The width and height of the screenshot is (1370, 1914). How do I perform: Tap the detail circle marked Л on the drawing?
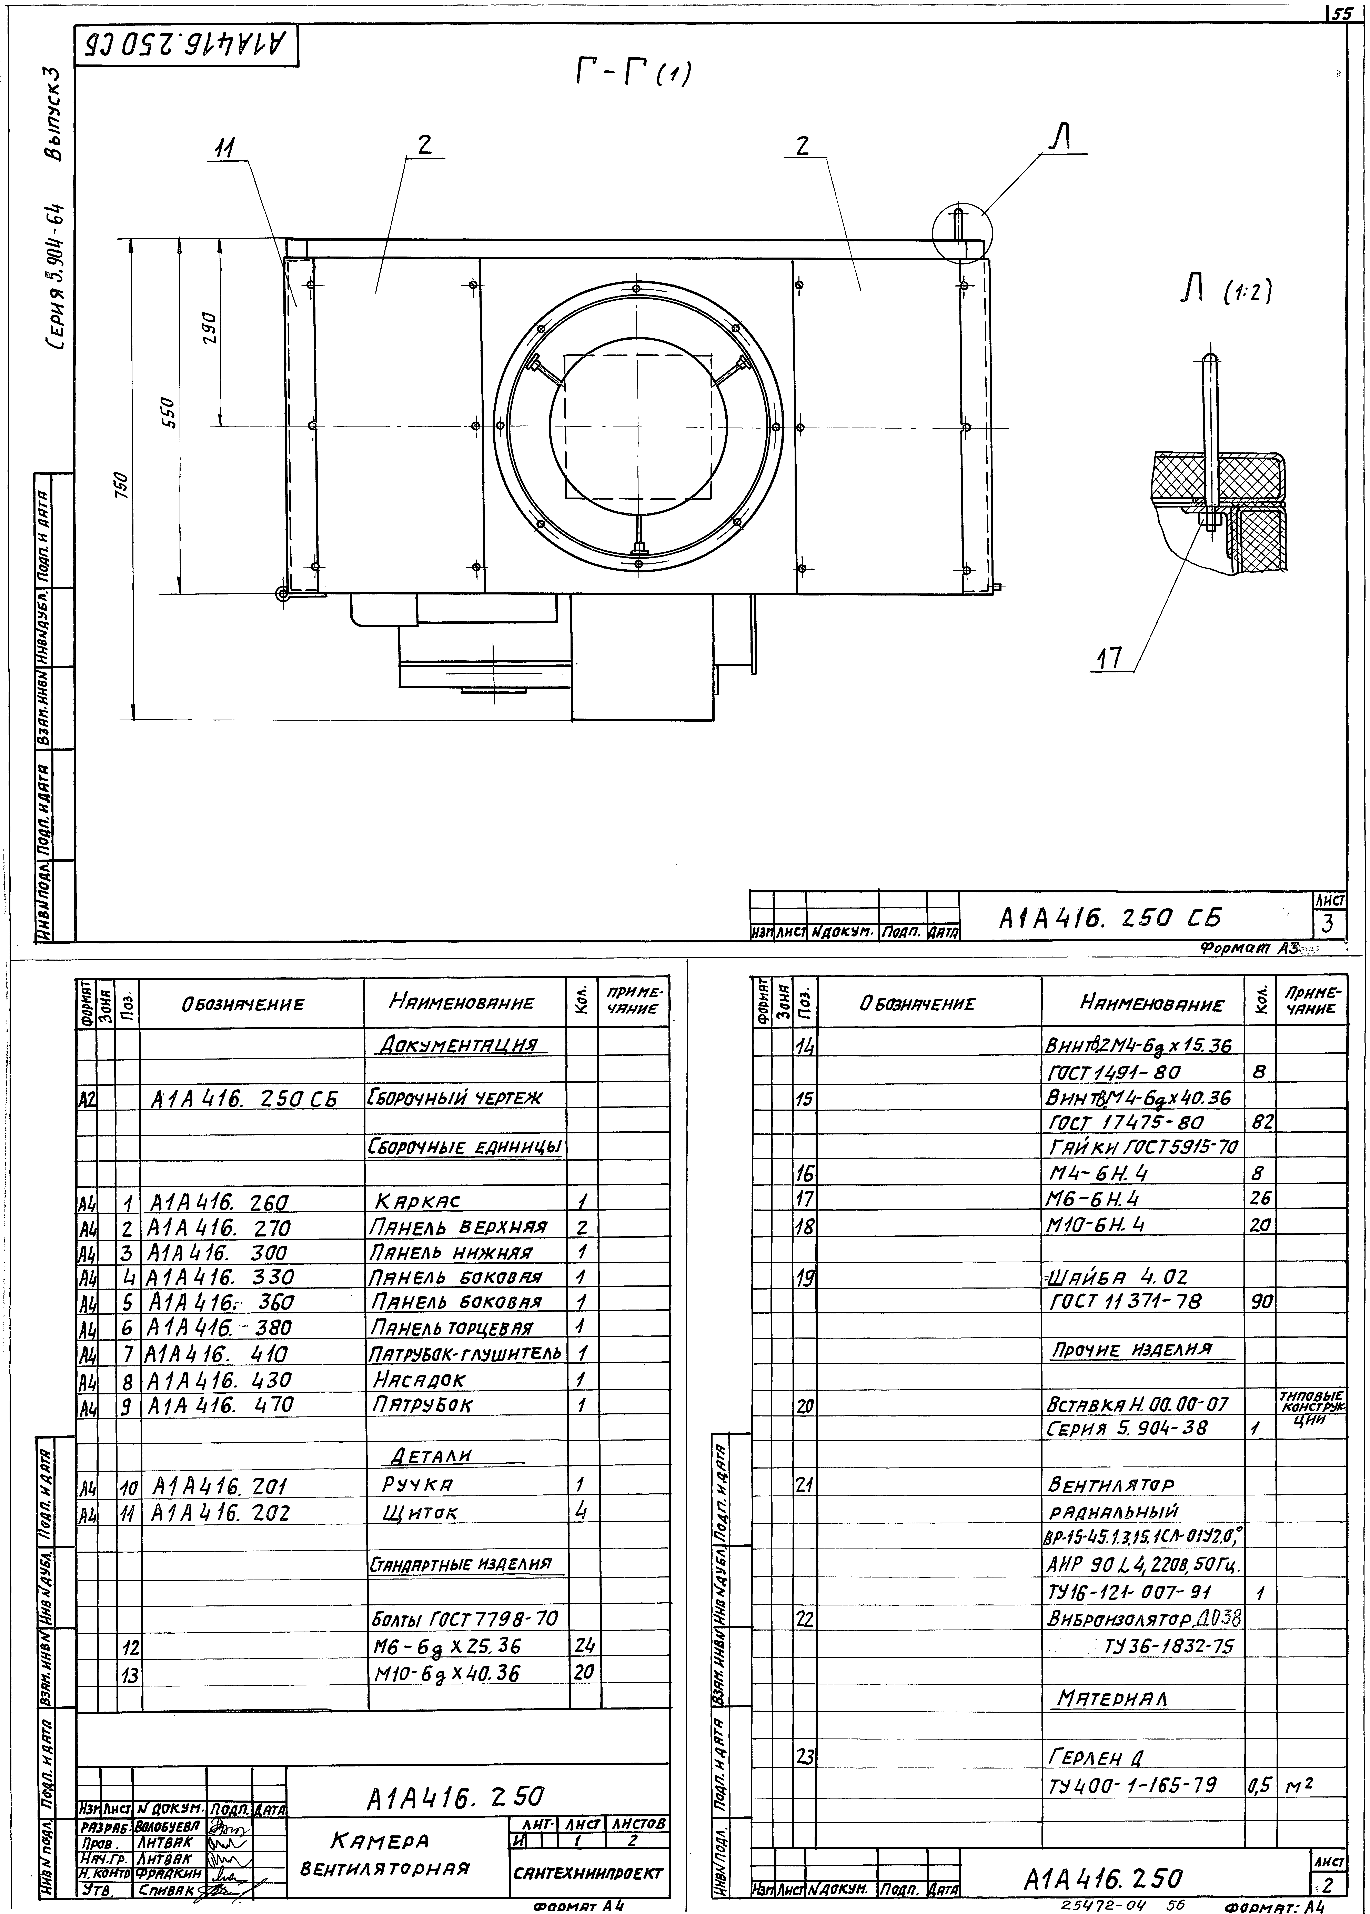[963, 234]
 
